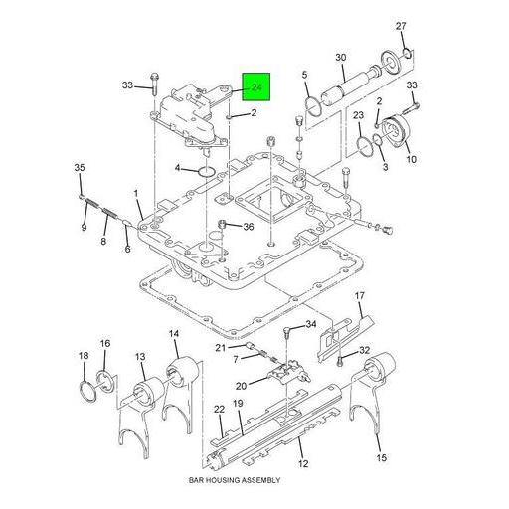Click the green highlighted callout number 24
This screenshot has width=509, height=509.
tap(256, 88)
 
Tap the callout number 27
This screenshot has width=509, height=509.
tap(401, 25)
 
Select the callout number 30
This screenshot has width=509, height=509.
tap(340, 57)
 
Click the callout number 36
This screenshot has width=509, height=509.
tap(248, 226)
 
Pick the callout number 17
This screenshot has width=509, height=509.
tap(360, 295)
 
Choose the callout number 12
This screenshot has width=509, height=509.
tap(303, 463)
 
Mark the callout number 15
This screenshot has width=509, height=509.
tap(381, 458)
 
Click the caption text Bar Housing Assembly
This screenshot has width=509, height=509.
tap(236, 480)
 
